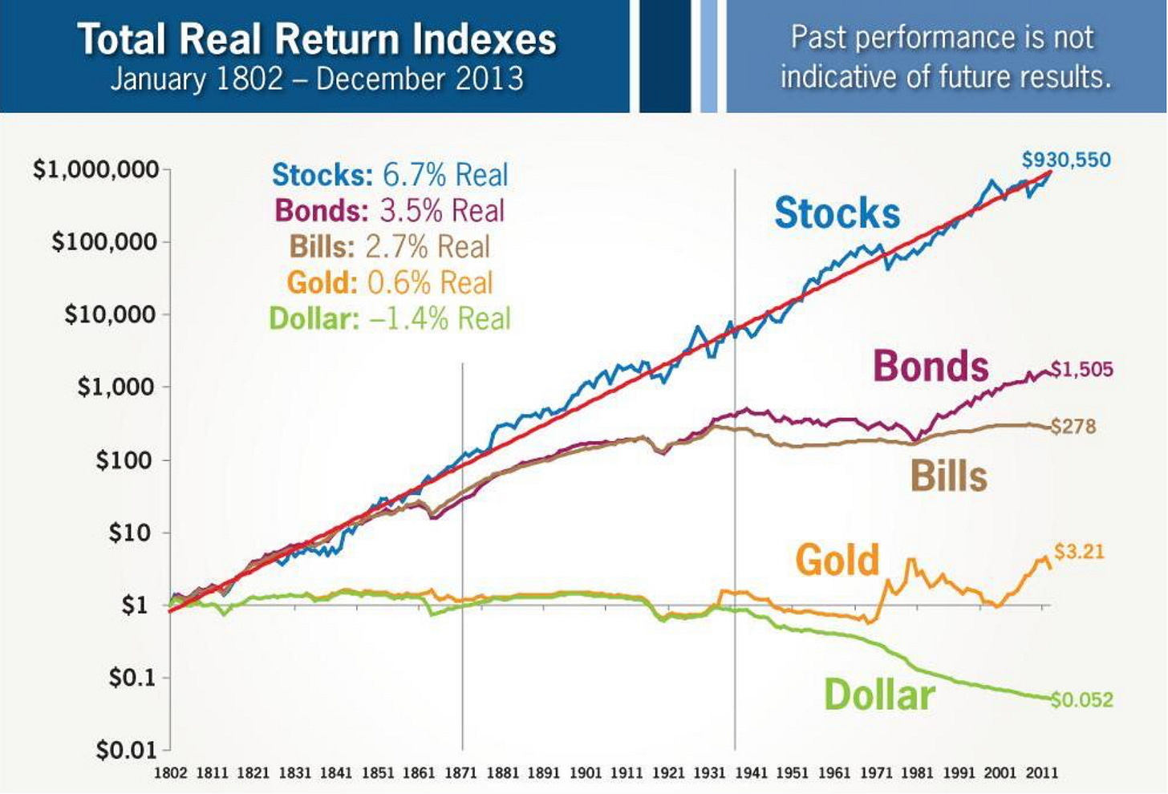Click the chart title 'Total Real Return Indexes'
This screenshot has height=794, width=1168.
(x=316, y=39)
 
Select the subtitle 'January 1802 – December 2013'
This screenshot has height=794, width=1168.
(x=316, y=79)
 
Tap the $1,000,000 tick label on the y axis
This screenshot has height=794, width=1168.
(x=95, y=170)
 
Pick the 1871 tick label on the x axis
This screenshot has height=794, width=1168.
(x=461, y=773)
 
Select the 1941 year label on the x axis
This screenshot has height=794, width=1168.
(x=752, y=773)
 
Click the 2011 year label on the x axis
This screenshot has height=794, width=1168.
(x=1041, y=773)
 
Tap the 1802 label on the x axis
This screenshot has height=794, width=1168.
(x=170, y=773)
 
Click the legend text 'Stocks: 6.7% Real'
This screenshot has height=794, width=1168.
(x=390, y=175)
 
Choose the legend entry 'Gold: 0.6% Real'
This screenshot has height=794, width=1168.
(x=390, y=283)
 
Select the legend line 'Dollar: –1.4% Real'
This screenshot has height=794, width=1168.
(x=390, y=319)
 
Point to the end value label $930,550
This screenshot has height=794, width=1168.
(x=1066, y=160)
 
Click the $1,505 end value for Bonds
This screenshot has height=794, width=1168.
(x=1081, y=369)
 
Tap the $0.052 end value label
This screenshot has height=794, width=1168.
(x=1081, y=699)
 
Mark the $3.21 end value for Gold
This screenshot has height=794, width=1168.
(x=1079, y=552)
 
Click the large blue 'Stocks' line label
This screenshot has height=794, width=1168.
(x=837, y=213)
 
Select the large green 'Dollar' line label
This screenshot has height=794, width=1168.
(x=879, y=695)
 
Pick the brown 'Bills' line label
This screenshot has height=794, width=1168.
(x=948, y=476)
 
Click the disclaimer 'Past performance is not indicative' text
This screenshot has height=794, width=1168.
(x=945, y=56)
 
